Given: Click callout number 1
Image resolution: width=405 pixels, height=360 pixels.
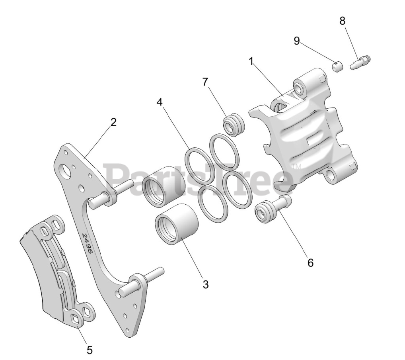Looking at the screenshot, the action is pos(251,62).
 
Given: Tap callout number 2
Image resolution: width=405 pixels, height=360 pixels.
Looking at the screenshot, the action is pos(113,122).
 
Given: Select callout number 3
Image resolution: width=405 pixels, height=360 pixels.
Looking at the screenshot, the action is pos(205,285).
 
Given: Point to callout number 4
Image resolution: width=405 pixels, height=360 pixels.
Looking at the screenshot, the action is pos(160,102).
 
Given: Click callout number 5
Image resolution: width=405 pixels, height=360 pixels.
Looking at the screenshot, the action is pos(90,350).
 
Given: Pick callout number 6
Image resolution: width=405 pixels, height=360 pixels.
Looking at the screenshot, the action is pos(310,263).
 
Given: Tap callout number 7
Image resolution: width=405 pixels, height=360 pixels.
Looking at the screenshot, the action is pos(205,82).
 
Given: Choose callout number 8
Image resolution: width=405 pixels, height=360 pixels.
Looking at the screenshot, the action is pos(342,21).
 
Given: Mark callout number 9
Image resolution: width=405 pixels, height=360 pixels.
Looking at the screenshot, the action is pos(296,41).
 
